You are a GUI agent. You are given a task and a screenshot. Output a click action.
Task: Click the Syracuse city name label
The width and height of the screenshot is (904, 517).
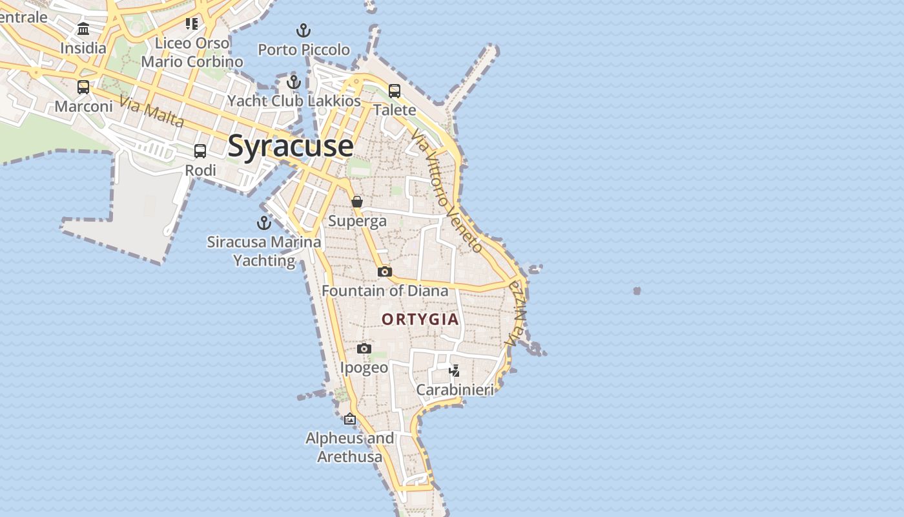pyautogui.click(x=291, y=145)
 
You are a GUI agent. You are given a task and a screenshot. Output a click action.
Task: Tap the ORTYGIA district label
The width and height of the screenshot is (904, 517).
pyautogui.click(x=420, y=319)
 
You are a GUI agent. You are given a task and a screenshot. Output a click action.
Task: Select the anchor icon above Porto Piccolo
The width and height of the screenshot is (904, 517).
pyautogui.click(x=303, y=30)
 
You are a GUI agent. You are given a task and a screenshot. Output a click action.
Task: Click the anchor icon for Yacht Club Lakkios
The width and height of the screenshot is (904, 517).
pyautogui.click(x=294, y=82)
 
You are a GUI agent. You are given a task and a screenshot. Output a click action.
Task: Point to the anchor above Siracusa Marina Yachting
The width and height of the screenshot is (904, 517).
pyautogui.click(x=264, y=223)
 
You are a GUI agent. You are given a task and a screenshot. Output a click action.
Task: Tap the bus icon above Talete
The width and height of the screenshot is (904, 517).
pyautogui.click(x=395, y=91)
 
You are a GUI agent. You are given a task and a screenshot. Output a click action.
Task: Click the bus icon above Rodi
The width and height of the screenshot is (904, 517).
pyautogui.click(x=200, y=151)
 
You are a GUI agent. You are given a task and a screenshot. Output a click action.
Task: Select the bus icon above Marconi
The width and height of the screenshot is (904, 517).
pyautogui.click(x=83, y=87)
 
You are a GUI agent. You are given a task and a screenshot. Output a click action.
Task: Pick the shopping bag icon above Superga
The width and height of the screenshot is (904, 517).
pyautogui.click(x=357, y=202)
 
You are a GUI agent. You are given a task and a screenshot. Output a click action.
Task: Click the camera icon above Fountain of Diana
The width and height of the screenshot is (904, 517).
pyautogui.click(x=385, y=271)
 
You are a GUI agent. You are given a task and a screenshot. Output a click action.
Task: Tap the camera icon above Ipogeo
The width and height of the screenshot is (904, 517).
pyautogui.click(x=364, y=349)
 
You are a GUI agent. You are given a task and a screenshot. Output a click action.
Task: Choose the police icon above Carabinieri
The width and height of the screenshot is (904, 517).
pyautogui.click(x=455, y=370)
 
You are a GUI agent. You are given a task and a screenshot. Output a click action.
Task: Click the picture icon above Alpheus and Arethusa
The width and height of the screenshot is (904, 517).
pyautogui.click(x=350, y=419)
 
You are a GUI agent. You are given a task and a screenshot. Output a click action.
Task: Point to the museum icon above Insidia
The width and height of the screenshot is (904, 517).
pyautogui.click(x=83, y=29)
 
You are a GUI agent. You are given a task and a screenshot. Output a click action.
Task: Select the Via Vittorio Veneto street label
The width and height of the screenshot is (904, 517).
pyautogui.click(x=447, y=190)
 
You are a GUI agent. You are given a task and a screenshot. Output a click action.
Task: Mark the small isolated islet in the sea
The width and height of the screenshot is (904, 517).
pyautogui.click(x=637, y=291)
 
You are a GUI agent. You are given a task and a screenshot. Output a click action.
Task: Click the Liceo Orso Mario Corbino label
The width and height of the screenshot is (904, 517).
pyautogui.click(x=192, y=52)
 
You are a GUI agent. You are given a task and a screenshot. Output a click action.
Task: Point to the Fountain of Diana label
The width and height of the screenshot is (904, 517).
pyautogui.click(x=385, y=291)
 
